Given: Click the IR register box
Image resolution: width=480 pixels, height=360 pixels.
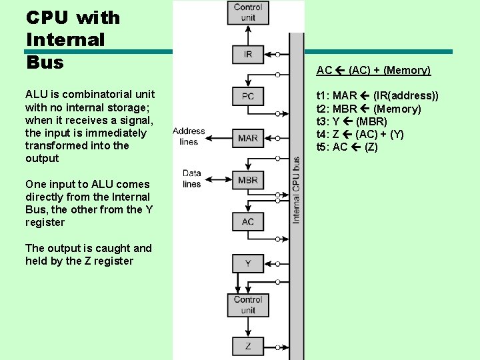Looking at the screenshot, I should pos(248,55).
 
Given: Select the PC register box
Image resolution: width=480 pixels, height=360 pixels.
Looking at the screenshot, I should pos(248,97).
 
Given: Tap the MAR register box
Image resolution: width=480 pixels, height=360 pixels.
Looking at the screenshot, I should pos(248,139).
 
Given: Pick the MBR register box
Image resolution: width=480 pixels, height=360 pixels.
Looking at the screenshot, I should pos(248,180).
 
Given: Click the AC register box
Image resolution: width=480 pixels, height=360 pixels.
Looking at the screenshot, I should pos(248,221).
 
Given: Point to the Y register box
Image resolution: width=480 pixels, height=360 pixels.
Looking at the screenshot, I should pos(248,263).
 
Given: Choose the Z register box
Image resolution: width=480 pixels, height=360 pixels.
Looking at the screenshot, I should pos(248,346).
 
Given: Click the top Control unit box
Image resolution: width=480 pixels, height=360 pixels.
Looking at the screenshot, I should pos(248,12).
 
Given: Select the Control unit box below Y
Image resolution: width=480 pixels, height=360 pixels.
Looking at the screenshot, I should pos(248,305).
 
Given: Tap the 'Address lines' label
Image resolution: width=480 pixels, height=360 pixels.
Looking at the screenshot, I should pos(189,136).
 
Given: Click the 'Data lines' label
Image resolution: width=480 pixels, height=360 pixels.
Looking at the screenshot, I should pos(191,179).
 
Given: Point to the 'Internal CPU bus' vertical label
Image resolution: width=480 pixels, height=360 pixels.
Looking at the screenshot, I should pos(296,190).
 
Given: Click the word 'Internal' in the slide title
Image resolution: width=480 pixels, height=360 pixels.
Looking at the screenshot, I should pos(65,40).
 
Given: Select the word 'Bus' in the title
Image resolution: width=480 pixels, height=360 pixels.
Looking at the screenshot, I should pos(45,63).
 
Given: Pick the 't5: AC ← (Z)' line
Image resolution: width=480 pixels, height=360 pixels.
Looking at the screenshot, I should pos(347,147).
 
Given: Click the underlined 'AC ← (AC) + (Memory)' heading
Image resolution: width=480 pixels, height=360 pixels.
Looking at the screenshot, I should pos(373,70).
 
